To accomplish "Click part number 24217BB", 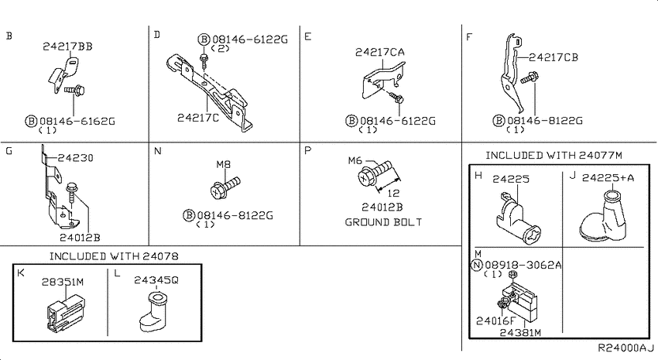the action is (x=67, y=46).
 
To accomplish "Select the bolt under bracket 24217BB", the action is (x=75, y=90).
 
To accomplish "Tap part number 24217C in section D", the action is (x=197, y=118).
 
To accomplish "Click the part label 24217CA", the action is (x=380, y=52).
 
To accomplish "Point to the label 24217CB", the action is (x=553, y=57).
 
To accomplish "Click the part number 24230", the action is (x=76, y=158).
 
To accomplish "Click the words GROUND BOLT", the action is (x=383, y=222).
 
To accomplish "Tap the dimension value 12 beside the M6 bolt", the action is (x=393, y=193).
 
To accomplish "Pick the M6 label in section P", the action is (x=355, y=160).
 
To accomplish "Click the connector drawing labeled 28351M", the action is (x=66, y=313).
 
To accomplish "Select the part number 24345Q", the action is (x=156, y=279).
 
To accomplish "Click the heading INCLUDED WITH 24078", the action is (x=114, y=256).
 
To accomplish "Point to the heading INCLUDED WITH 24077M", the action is (x=554, y=156).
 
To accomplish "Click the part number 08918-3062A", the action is (x=523, y=266).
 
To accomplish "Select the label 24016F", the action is (x=495, y=321).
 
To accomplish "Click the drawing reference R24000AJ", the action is (x=626, y=348).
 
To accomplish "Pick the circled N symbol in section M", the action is (x=477, y=266).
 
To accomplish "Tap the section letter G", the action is (x=9, y=151).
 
